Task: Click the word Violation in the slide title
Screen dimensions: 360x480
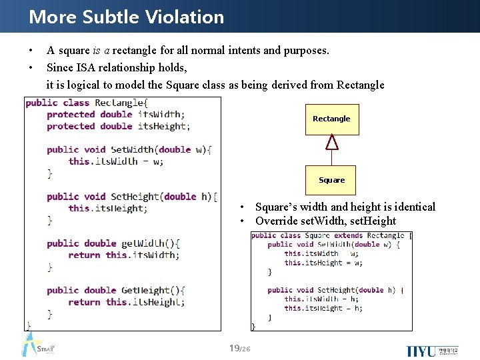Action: point(186,17)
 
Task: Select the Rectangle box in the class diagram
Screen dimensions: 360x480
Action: point(331,119)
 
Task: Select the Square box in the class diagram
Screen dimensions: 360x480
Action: point(331,180)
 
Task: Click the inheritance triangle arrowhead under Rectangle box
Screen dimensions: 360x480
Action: point(331,142)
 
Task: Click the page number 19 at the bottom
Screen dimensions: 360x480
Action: point(234,348)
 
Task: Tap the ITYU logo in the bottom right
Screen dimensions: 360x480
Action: point(422,351)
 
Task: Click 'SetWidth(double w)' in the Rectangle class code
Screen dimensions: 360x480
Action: point(161,149)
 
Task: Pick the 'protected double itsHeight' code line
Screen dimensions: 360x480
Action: point(118,126)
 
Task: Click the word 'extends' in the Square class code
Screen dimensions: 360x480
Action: point(349,235)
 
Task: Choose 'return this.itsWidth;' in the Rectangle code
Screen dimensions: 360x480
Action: point(123,255)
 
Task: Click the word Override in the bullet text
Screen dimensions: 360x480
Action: point(276,221)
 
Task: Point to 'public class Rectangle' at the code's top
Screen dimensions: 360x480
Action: point(85,103)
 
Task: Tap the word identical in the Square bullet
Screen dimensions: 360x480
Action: point(413,207)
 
